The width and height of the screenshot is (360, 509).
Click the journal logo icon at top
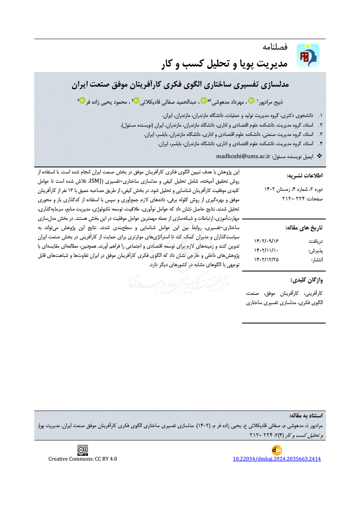point(308,55)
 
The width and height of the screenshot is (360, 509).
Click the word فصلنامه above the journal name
point(274,47)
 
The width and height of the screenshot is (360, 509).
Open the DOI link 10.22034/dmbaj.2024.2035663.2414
point(277,459)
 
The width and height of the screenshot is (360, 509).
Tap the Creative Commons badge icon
point(83,450)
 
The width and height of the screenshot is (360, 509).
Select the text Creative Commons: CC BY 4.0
point(83,459)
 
